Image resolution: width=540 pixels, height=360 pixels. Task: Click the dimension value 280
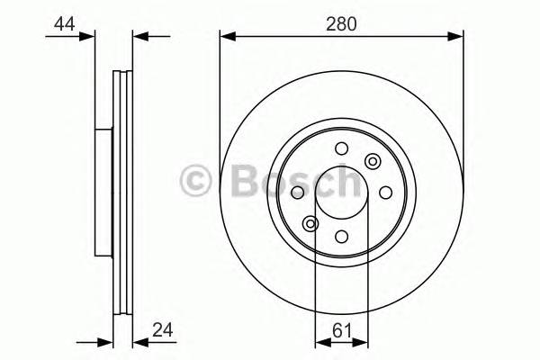click(342, 25)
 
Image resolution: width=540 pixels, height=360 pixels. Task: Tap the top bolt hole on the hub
click(341, 149)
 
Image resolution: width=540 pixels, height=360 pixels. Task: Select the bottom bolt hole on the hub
click(342, 236)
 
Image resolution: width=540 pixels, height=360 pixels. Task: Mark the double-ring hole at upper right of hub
click(373, 161)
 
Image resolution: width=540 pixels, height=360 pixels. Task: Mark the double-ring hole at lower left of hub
click(311, 224)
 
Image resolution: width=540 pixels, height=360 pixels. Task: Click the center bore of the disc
click(342, 193)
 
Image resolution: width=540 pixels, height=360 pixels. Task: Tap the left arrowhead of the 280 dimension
click(227, 37)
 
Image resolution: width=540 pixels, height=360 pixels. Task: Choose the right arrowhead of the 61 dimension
click(363, 342)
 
